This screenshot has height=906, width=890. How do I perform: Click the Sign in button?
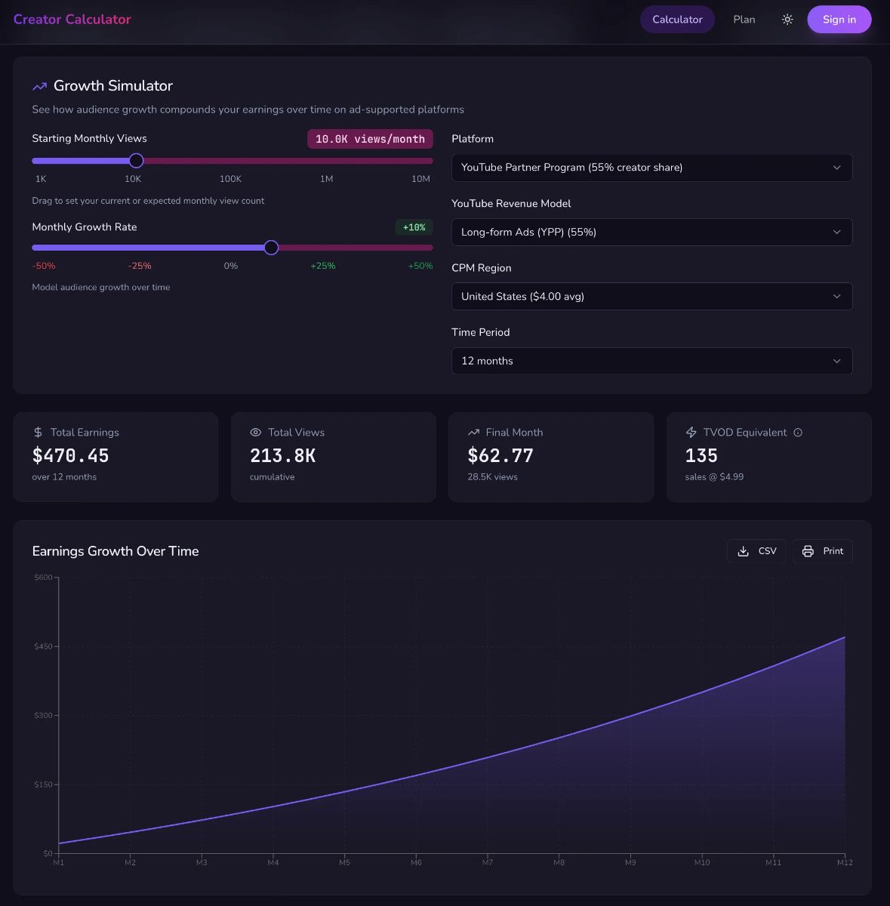(839, 20)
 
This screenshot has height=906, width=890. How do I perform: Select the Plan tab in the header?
(744, 20)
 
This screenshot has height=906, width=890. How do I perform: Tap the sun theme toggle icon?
(787, 20)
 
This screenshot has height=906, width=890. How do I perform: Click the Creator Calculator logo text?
(72, 20)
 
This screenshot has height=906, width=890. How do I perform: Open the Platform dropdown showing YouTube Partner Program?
(651, 168)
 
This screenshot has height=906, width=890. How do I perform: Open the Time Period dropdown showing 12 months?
(651, 361)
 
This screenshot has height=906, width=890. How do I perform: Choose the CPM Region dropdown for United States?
(651, 297)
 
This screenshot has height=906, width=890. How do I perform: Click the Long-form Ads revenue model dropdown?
(651, 232)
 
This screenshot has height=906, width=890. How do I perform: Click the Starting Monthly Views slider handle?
(136, 160)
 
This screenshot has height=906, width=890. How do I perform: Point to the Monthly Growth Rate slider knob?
(272, 248)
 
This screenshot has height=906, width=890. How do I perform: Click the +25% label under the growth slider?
(323, 266)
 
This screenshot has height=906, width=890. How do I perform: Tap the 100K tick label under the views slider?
(230, 179)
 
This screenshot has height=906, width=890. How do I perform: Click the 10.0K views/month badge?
(370, 139)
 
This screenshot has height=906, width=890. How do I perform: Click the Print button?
(823, 551)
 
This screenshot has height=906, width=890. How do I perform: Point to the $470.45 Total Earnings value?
(71, 456)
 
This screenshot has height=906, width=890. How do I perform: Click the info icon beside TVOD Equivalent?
(798, 433)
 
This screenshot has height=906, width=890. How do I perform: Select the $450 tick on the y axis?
(44, 646)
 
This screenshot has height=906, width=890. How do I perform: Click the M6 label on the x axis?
(416, 862)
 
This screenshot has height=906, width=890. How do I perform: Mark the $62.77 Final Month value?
(500, 456)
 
